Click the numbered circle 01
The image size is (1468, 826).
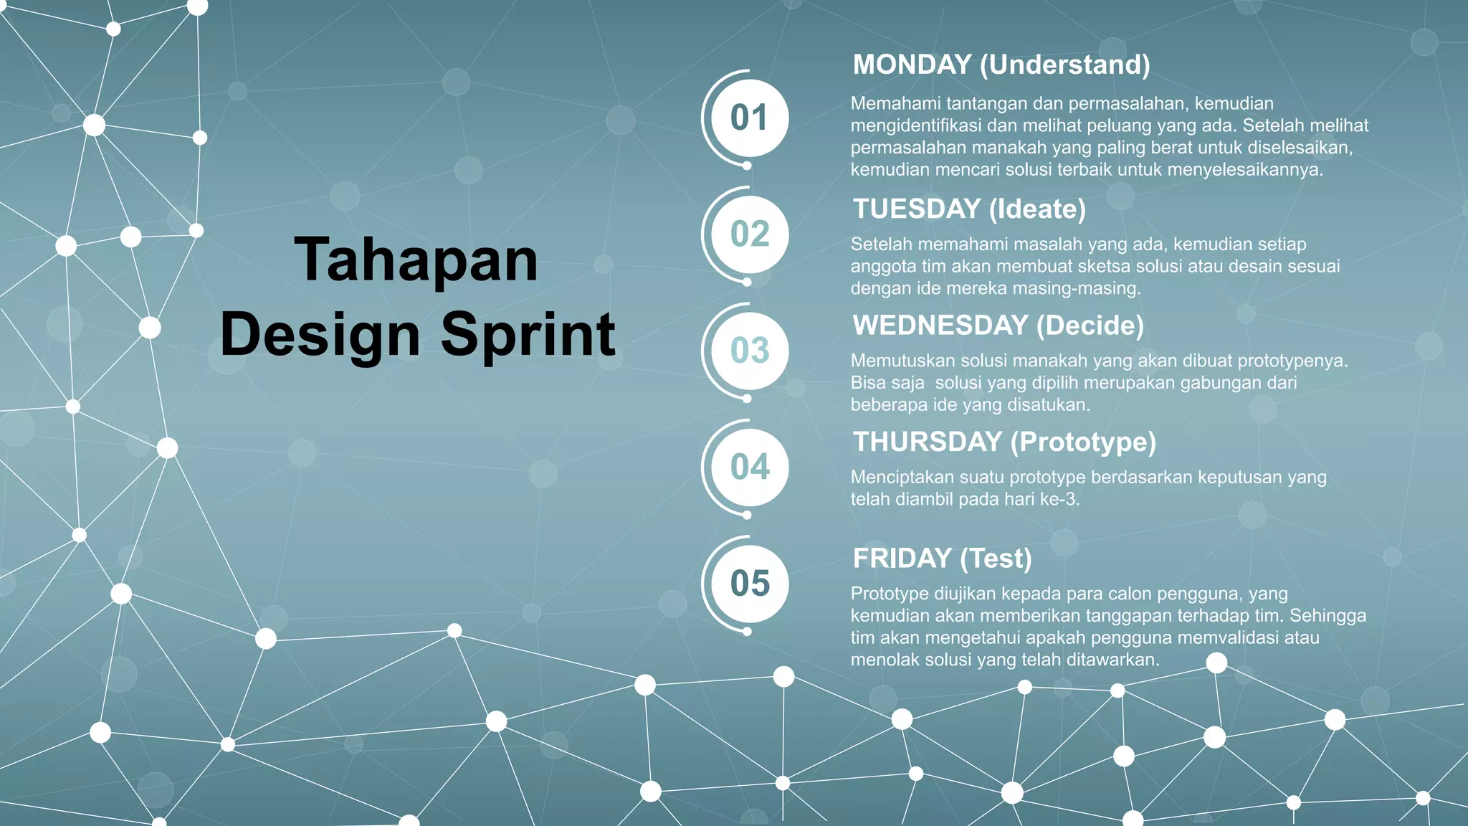pos(749,118)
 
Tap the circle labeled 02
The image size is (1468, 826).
pos(749,234)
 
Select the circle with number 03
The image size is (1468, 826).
pos(749,351)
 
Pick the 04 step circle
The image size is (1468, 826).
pos(749,467)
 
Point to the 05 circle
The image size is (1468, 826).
pos(749,584)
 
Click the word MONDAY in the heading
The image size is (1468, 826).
pos(912,65)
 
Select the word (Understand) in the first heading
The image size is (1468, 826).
pos(1065,65)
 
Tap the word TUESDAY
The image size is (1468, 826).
pos(916,209)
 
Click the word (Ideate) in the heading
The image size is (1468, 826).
pos(1037,209)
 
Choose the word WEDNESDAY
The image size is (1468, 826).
pos(940,326)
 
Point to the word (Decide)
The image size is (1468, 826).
pos(1090,326)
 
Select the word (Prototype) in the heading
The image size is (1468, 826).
pos(1084,442)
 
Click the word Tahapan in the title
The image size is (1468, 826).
pos(416,260)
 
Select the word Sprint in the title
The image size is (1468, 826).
pos(528,334)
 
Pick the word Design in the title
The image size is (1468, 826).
pos(320,334)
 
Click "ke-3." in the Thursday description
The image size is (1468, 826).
pos(1059,499)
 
